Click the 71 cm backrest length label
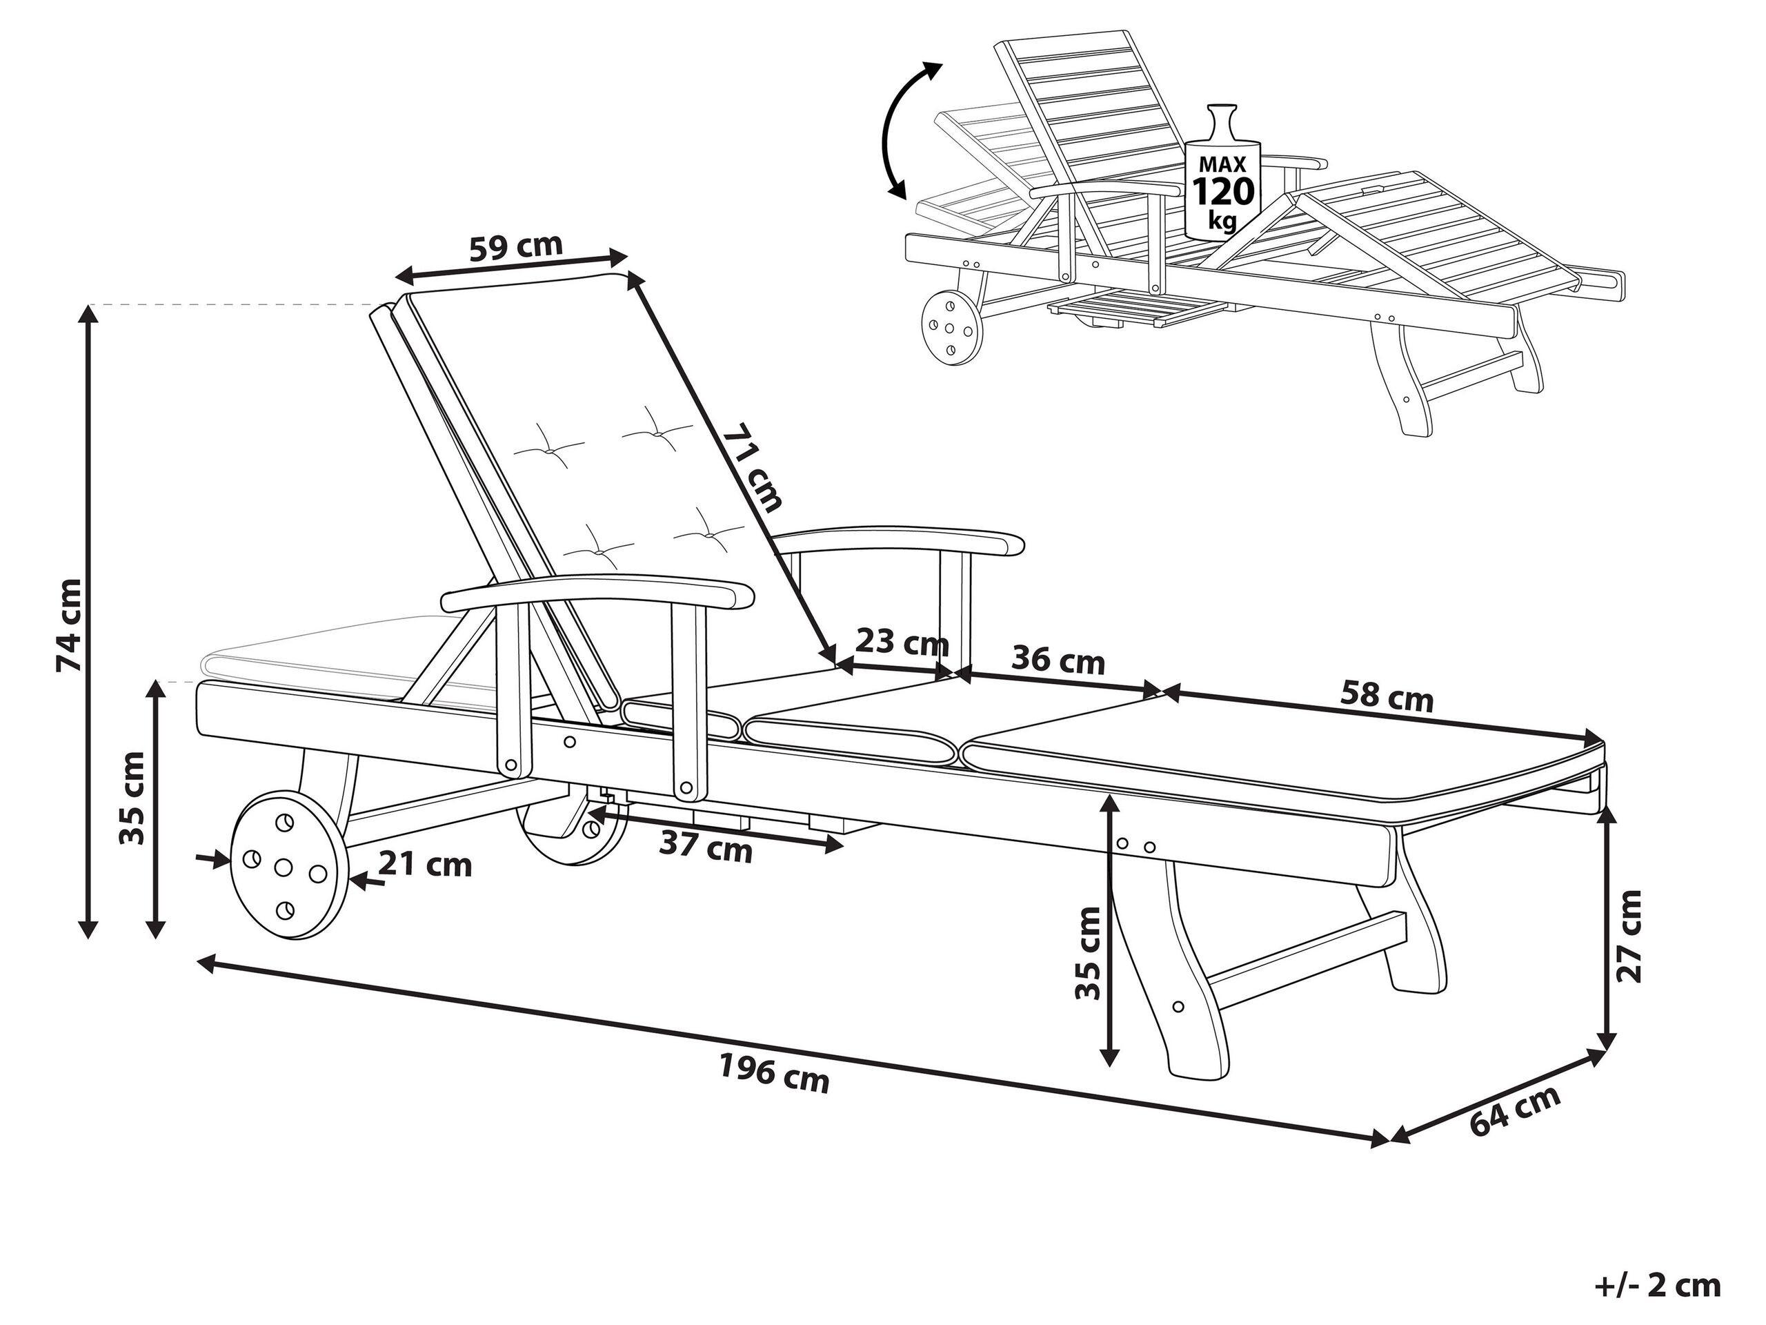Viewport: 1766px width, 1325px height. coord(751,468)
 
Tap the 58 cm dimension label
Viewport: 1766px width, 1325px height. coord(1386,696)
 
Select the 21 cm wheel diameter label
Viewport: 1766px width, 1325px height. coord(425,864)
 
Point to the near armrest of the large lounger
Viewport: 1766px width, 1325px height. coord(597,594)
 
